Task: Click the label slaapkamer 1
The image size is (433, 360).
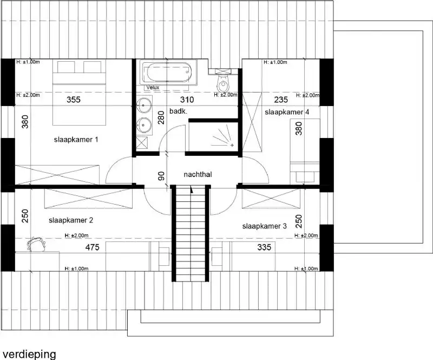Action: (x=76, y=140)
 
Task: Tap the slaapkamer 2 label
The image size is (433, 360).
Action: (x=71, y=220)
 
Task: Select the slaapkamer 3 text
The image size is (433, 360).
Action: (x=264, y=226)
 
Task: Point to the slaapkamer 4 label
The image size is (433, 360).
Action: (x=287, y=112)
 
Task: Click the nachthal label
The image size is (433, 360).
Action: (x=198, y=175)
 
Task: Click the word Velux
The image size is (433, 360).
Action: (x=152, y=87)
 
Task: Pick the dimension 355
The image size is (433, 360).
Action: (x=74, y=100)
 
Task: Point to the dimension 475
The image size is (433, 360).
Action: (x=93, y=247)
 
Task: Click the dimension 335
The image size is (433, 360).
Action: (x=264, y=247)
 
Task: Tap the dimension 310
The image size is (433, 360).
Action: (x=187, y=100)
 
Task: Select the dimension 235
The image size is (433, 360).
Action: (x=281, y=100)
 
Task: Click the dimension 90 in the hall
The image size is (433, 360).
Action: (x=161, y=176)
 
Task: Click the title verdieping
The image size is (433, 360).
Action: (x=28, y=354)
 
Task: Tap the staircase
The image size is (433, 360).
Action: (x=191, y=233)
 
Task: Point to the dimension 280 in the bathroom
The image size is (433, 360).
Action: (x=161, y=117)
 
